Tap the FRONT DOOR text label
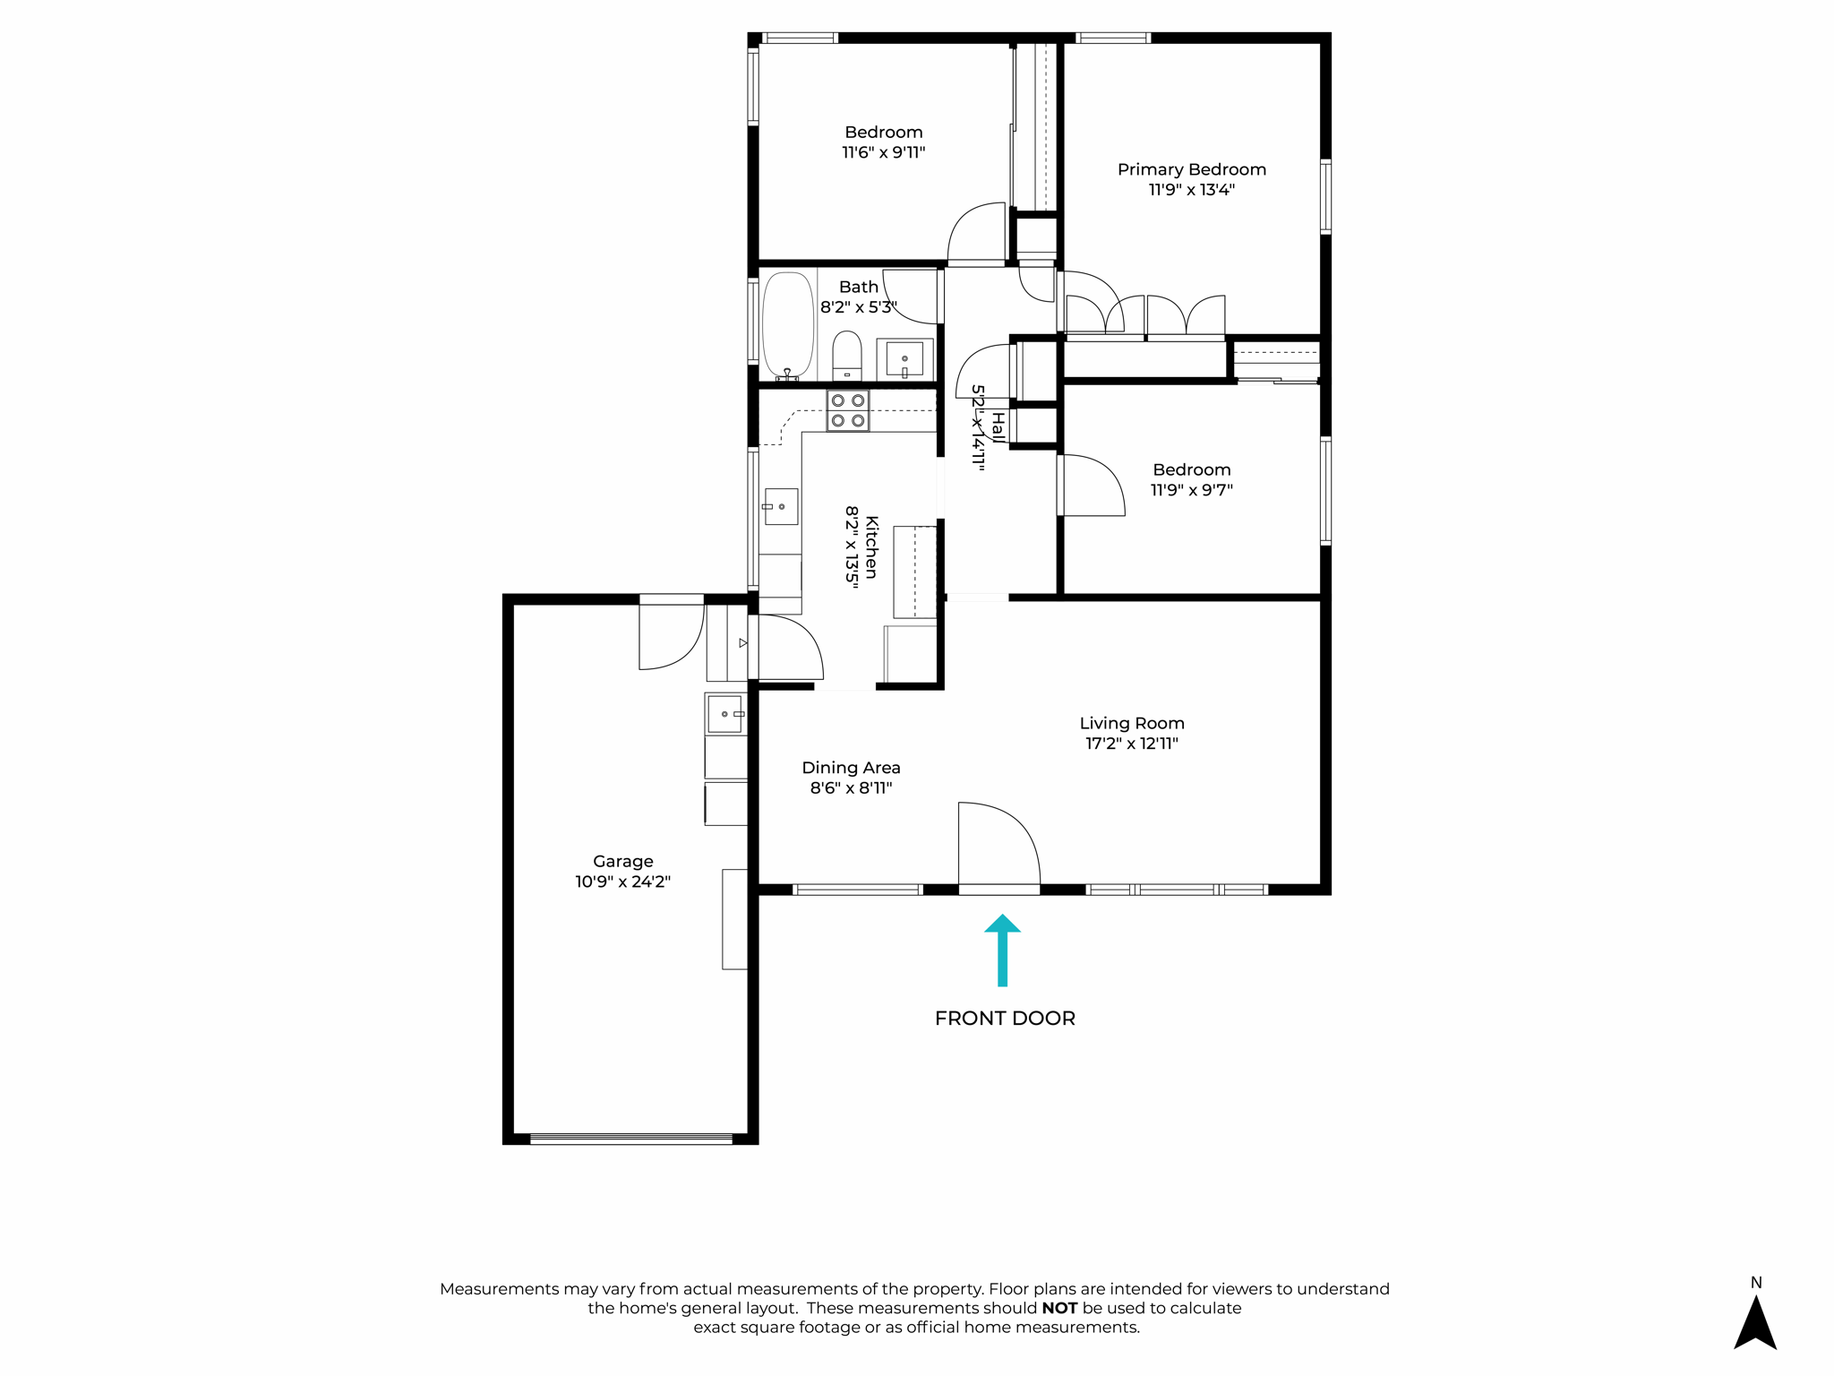1005,1019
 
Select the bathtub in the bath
787,326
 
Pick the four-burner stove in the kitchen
847,410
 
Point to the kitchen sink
781,507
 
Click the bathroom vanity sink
904,359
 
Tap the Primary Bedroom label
1191,169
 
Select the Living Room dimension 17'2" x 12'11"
1132,744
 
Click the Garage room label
622,861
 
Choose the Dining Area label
851,768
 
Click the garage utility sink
725,714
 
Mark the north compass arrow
1755,1322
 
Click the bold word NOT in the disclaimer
1059,1308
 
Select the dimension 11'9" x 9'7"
1191,490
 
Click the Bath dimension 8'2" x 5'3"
858,307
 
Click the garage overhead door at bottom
631,1139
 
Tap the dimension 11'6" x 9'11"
883,152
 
